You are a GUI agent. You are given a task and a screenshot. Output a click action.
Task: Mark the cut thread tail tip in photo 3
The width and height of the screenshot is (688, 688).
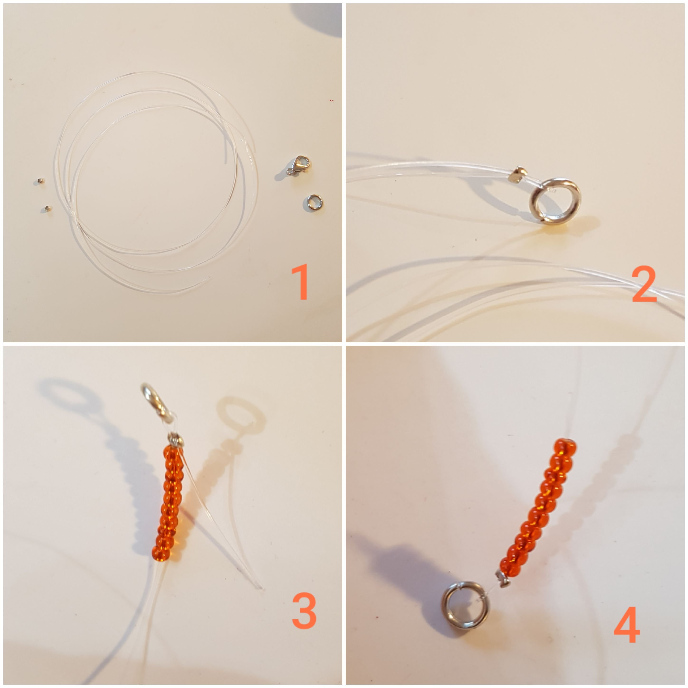click(x=263, y=588)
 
